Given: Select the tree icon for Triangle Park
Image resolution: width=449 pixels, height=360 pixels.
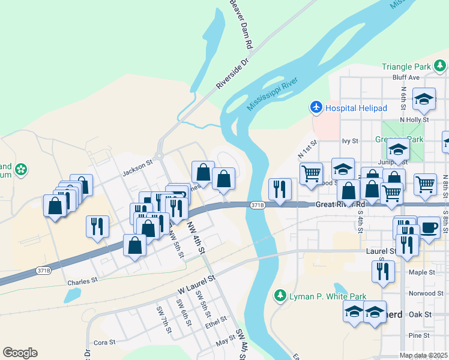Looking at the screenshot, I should point(440,65).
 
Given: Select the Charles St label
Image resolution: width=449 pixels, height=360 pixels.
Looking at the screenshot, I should point(82,281).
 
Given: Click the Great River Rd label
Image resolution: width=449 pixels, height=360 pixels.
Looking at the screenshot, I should point(340,205).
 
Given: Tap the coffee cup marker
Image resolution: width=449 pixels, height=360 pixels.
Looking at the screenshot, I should point(429,228).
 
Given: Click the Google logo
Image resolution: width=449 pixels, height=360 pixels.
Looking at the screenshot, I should point(20,353).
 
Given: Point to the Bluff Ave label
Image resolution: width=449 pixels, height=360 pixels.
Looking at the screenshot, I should point(406,77).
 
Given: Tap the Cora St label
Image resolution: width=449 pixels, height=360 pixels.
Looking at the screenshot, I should point(104,342).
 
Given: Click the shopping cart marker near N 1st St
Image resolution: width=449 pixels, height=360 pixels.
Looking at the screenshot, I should point(310,174).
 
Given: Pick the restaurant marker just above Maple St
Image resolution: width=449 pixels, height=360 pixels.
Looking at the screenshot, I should point(382,272).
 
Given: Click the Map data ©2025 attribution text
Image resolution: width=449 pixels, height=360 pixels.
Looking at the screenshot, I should point(423,355).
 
